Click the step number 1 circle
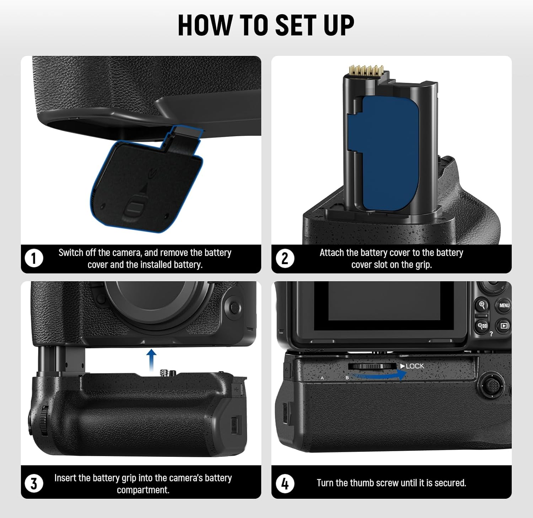pos(34,258)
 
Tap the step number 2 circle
pos(285,258)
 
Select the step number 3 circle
pos(34,484)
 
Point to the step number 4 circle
pos(285,484)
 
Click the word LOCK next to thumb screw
pos(415,366)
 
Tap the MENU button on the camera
pos(504,305)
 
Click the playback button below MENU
pos(504,325)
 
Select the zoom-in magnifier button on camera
pos(482,305)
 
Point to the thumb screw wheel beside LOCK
pos(372,366)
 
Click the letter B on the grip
pos(347,378)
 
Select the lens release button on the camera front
pos(233,307)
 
